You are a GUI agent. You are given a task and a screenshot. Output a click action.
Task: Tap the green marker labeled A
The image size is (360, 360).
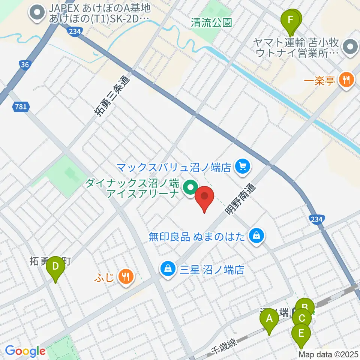[269, 321]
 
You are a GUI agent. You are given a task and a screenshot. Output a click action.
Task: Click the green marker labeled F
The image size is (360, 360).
[290, 21]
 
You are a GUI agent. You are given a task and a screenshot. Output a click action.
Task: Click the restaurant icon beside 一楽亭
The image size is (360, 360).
[345, 80]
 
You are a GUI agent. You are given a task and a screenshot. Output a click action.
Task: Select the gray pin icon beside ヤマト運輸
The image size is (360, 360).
[350, 48]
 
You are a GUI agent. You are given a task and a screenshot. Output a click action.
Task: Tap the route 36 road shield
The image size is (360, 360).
[25, 65]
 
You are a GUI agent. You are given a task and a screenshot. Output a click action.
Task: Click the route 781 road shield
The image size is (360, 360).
[21, 107]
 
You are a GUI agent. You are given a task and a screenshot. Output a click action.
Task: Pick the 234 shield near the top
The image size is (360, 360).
[74, 32]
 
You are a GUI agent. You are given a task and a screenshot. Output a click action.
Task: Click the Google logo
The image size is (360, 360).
[25, 351]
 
